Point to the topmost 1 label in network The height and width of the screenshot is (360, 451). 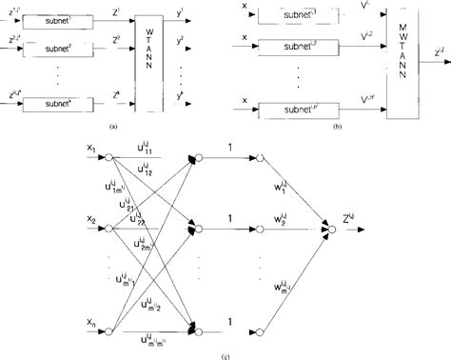pyautogui.click(x=229, y=148)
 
